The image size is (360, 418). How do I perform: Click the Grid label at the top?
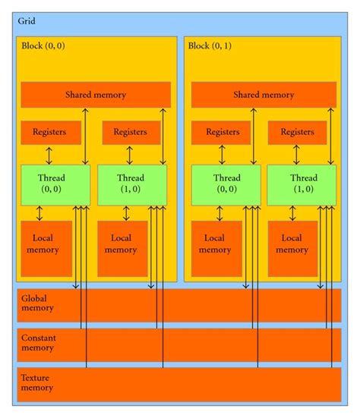click(x=27, y=21)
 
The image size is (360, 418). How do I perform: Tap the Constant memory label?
click(x=38, y=342)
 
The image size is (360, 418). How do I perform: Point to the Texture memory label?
click(x=36, y=382)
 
